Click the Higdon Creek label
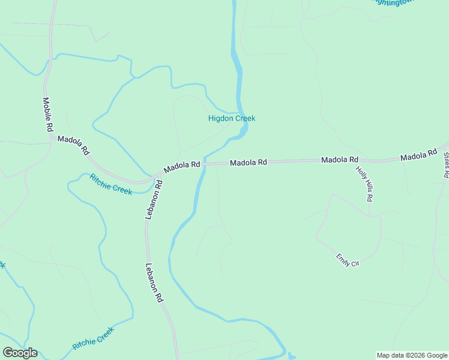(232, 118)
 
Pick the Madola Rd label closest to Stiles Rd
(418, 156)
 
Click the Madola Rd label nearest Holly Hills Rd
(340, 160)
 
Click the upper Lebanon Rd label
(154, 199)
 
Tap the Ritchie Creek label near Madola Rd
(110, 184)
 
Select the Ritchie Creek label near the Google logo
(93, 338)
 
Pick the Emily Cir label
(348, 260)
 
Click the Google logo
(20, 353)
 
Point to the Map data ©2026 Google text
(412, 355)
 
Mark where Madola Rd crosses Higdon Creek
(204, 163)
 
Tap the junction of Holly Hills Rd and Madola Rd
(359, 161)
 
